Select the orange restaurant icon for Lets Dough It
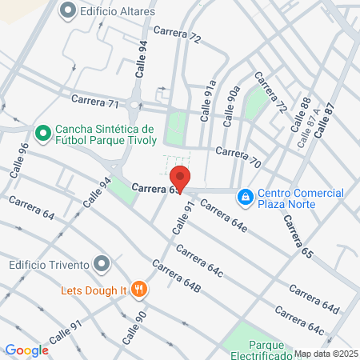pos(140,289)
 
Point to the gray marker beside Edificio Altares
pos(67,10)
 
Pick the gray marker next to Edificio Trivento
pos(101,263)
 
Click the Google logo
pos(26,350)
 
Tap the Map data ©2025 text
pos(325,354)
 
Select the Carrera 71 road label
pos(95,102)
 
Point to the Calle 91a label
pos(207,99)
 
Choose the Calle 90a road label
pos(230,105)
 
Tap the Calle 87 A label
pos(308,128)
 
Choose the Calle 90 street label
pos(134,328)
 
